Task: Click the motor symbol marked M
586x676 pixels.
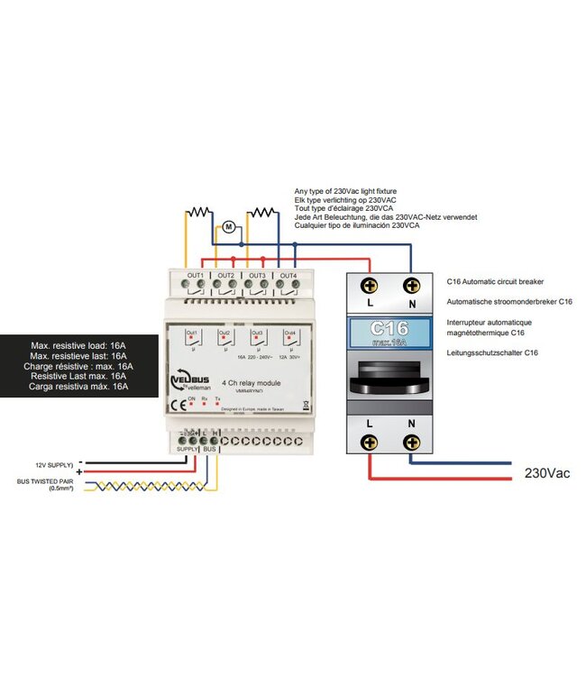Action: [229, 226]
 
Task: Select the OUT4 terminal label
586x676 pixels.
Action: [288, 274]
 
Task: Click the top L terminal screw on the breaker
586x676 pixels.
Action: [370, 287]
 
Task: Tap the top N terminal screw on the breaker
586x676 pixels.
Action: [412, 287]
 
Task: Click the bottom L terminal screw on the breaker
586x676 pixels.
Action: [370, 442]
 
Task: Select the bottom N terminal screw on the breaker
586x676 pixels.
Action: [412, 442]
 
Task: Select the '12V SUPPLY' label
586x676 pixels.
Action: [53, 464]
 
